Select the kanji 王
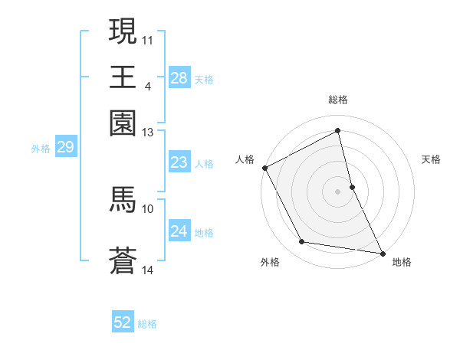123,77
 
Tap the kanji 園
123,123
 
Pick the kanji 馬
123,199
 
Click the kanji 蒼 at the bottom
123,260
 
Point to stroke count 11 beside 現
148,39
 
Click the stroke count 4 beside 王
147,86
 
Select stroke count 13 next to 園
147,133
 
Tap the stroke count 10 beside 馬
148,208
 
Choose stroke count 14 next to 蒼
148,270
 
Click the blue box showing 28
179,78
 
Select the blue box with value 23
179,162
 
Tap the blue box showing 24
179,231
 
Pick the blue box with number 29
65,147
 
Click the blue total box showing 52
123,322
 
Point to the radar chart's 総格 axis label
338,100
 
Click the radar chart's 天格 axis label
431,159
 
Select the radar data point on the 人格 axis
264,168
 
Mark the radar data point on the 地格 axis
383,253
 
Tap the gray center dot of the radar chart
338,191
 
